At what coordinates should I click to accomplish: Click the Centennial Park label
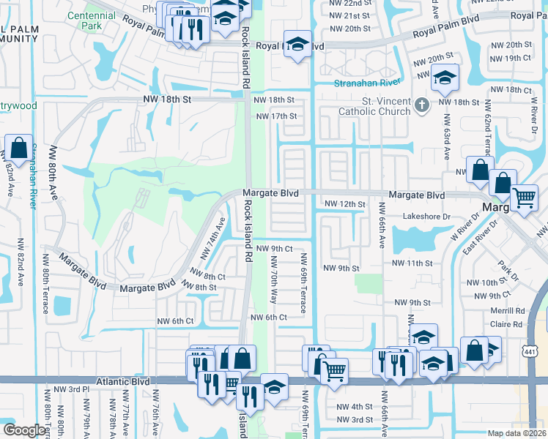86,21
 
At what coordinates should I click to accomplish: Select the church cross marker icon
421,105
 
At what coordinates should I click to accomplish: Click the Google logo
25,430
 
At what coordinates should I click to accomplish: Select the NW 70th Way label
273,285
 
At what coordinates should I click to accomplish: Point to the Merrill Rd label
509,310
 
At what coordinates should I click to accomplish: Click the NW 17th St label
276,116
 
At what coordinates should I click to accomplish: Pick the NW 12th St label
344,204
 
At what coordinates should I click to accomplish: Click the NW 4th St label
355,407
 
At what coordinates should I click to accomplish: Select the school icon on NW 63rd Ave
444,78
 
